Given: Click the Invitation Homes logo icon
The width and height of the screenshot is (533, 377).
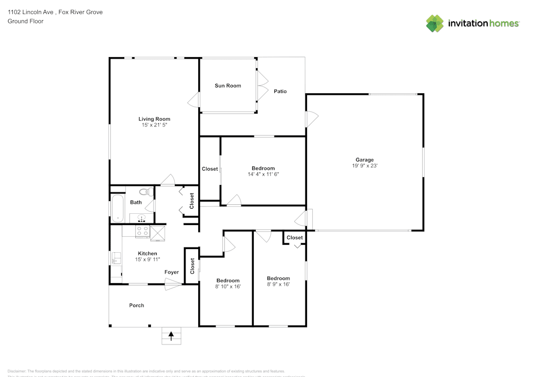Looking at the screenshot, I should coord(435,23).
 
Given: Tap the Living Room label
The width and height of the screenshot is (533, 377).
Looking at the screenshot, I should coord(154,119).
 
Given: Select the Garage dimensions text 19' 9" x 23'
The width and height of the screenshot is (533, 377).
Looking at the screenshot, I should coord(365,166).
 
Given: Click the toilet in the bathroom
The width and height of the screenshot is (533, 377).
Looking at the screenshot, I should coord(144,192).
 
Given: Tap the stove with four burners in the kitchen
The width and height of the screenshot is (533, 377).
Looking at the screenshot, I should coord(142,231).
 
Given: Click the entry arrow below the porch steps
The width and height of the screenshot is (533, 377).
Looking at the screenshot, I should coord(171,336).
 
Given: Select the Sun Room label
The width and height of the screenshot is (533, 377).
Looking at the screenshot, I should coord(228,85).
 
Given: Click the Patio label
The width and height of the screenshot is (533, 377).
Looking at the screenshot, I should coord(280,91).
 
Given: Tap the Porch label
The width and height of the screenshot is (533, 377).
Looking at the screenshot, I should coord(136,306).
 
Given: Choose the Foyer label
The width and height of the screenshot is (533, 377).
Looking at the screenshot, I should coord(172,272).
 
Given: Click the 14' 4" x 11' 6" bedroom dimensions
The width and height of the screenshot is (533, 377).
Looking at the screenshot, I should coord(263,174).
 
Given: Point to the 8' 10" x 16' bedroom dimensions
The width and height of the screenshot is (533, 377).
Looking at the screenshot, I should coord(228,286).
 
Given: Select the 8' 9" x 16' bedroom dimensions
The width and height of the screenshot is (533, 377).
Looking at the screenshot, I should coord(278,284).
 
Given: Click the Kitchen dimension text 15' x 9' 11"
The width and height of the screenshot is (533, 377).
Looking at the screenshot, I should coord(148,259).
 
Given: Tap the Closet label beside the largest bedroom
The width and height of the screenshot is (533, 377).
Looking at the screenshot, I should coord(209,169).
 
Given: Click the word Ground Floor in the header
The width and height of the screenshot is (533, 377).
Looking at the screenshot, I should coord(26,21).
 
